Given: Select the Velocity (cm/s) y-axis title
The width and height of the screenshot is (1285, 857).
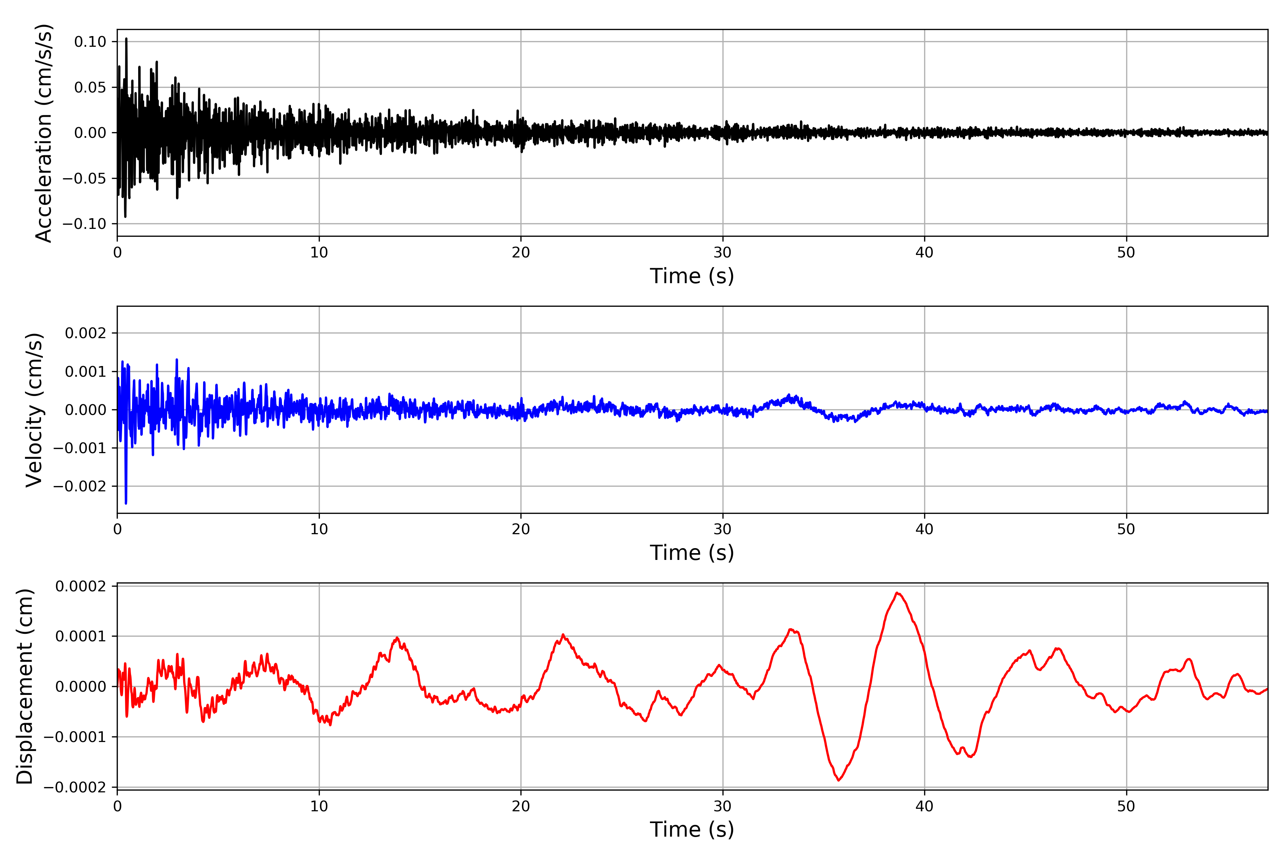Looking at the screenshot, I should pos(34,410).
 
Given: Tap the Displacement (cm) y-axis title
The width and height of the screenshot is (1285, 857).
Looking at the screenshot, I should pos(25,686).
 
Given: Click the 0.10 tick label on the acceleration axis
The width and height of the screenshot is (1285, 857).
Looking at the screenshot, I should pos(90,41).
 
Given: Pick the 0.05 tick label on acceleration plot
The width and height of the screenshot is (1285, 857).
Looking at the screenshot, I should pos(90,87).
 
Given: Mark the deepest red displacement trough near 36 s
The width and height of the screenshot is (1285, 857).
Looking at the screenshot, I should pos(838,780).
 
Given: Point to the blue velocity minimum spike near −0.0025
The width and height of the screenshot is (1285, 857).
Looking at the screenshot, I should pos(126,503).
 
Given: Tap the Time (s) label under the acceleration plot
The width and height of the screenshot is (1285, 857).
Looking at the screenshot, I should pos(692,276).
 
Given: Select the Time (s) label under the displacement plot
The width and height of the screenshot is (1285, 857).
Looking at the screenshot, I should pos(692,830).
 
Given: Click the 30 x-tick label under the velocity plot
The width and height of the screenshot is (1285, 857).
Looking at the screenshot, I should pos(722,529).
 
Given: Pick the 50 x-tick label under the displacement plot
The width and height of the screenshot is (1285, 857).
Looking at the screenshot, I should pos(1126,806).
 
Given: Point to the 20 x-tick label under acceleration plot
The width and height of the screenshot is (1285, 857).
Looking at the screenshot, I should pos(521,252).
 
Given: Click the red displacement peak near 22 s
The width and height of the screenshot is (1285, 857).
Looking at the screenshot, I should pos(563,635).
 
